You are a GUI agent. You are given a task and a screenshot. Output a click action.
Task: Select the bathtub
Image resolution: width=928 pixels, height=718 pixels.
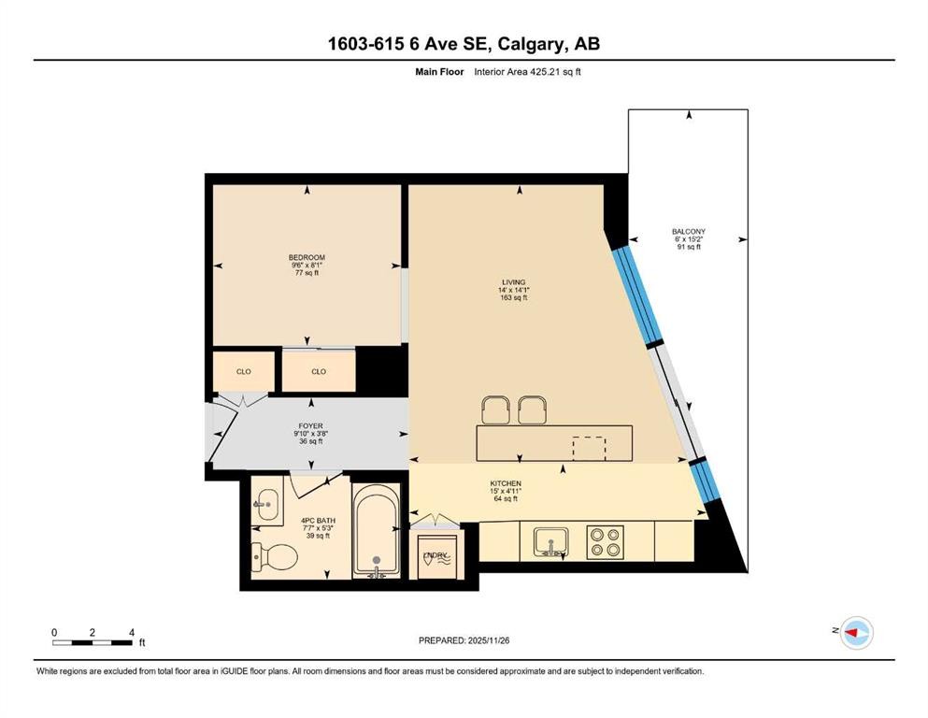pyautogui.click(x=378, y=534)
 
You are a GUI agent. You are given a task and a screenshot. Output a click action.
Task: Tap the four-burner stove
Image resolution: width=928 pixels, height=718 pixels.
pyautogui.click(x=604, y=541)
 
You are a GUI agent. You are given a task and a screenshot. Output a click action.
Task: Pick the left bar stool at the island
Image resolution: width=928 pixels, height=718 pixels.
pyautogui.click(x=496, y=409)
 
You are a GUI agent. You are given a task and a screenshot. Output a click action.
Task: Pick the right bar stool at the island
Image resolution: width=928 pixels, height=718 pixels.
pyautogui.click(x=532, y=409)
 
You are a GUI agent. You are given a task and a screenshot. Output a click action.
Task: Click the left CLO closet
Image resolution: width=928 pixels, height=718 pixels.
pyautogui.click(x=243, y=371)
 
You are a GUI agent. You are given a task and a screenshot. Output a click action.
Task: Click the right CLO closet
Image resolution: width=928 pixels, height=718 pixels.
pyautogui.click(x=319, y=371)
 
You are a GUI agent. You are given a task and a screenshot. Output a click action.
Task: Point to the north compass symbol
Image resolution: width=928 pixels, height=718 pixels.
pyautogui.click(x=854, y=633)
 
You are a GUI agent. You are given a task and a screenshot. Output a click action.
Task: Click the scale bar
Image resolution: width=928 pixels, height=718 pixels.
pyautogui.click(x=92, y=642)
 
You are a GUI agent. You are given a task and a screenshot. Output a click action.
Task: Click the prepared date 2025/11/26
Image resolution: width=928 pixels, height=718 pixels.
pyautogui.click(x=464, y=640)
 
